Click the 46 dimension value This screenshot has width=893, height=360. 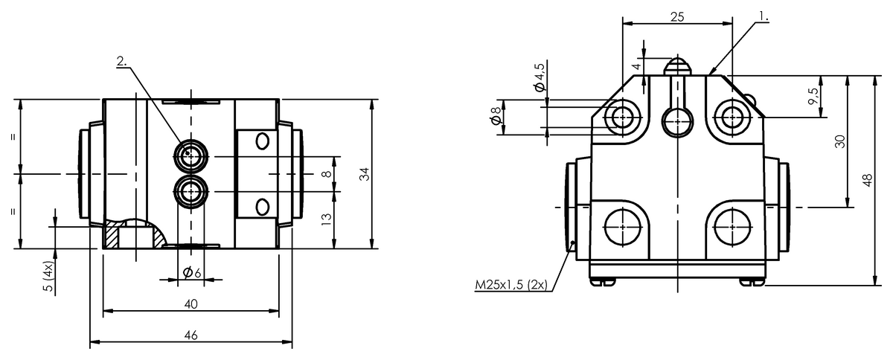point(191,335)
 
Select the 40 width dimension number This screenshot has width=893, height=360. point(191,304)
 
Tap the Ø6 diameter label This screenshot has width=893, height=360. point(192,273)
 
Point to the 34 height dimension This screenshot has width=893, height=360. point(365,174)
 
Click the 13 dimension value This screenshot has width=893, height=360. point(326,219)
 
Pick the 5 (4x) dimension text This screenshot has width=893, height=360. point(48,277)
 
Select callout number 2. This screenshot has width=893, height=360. point(121,61)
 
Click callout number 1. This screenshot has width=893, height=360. point(764,16)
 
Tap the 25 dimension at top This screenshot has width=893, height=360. point(677,17)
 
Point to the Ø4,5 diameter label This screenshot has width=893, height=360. point(539,77)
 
